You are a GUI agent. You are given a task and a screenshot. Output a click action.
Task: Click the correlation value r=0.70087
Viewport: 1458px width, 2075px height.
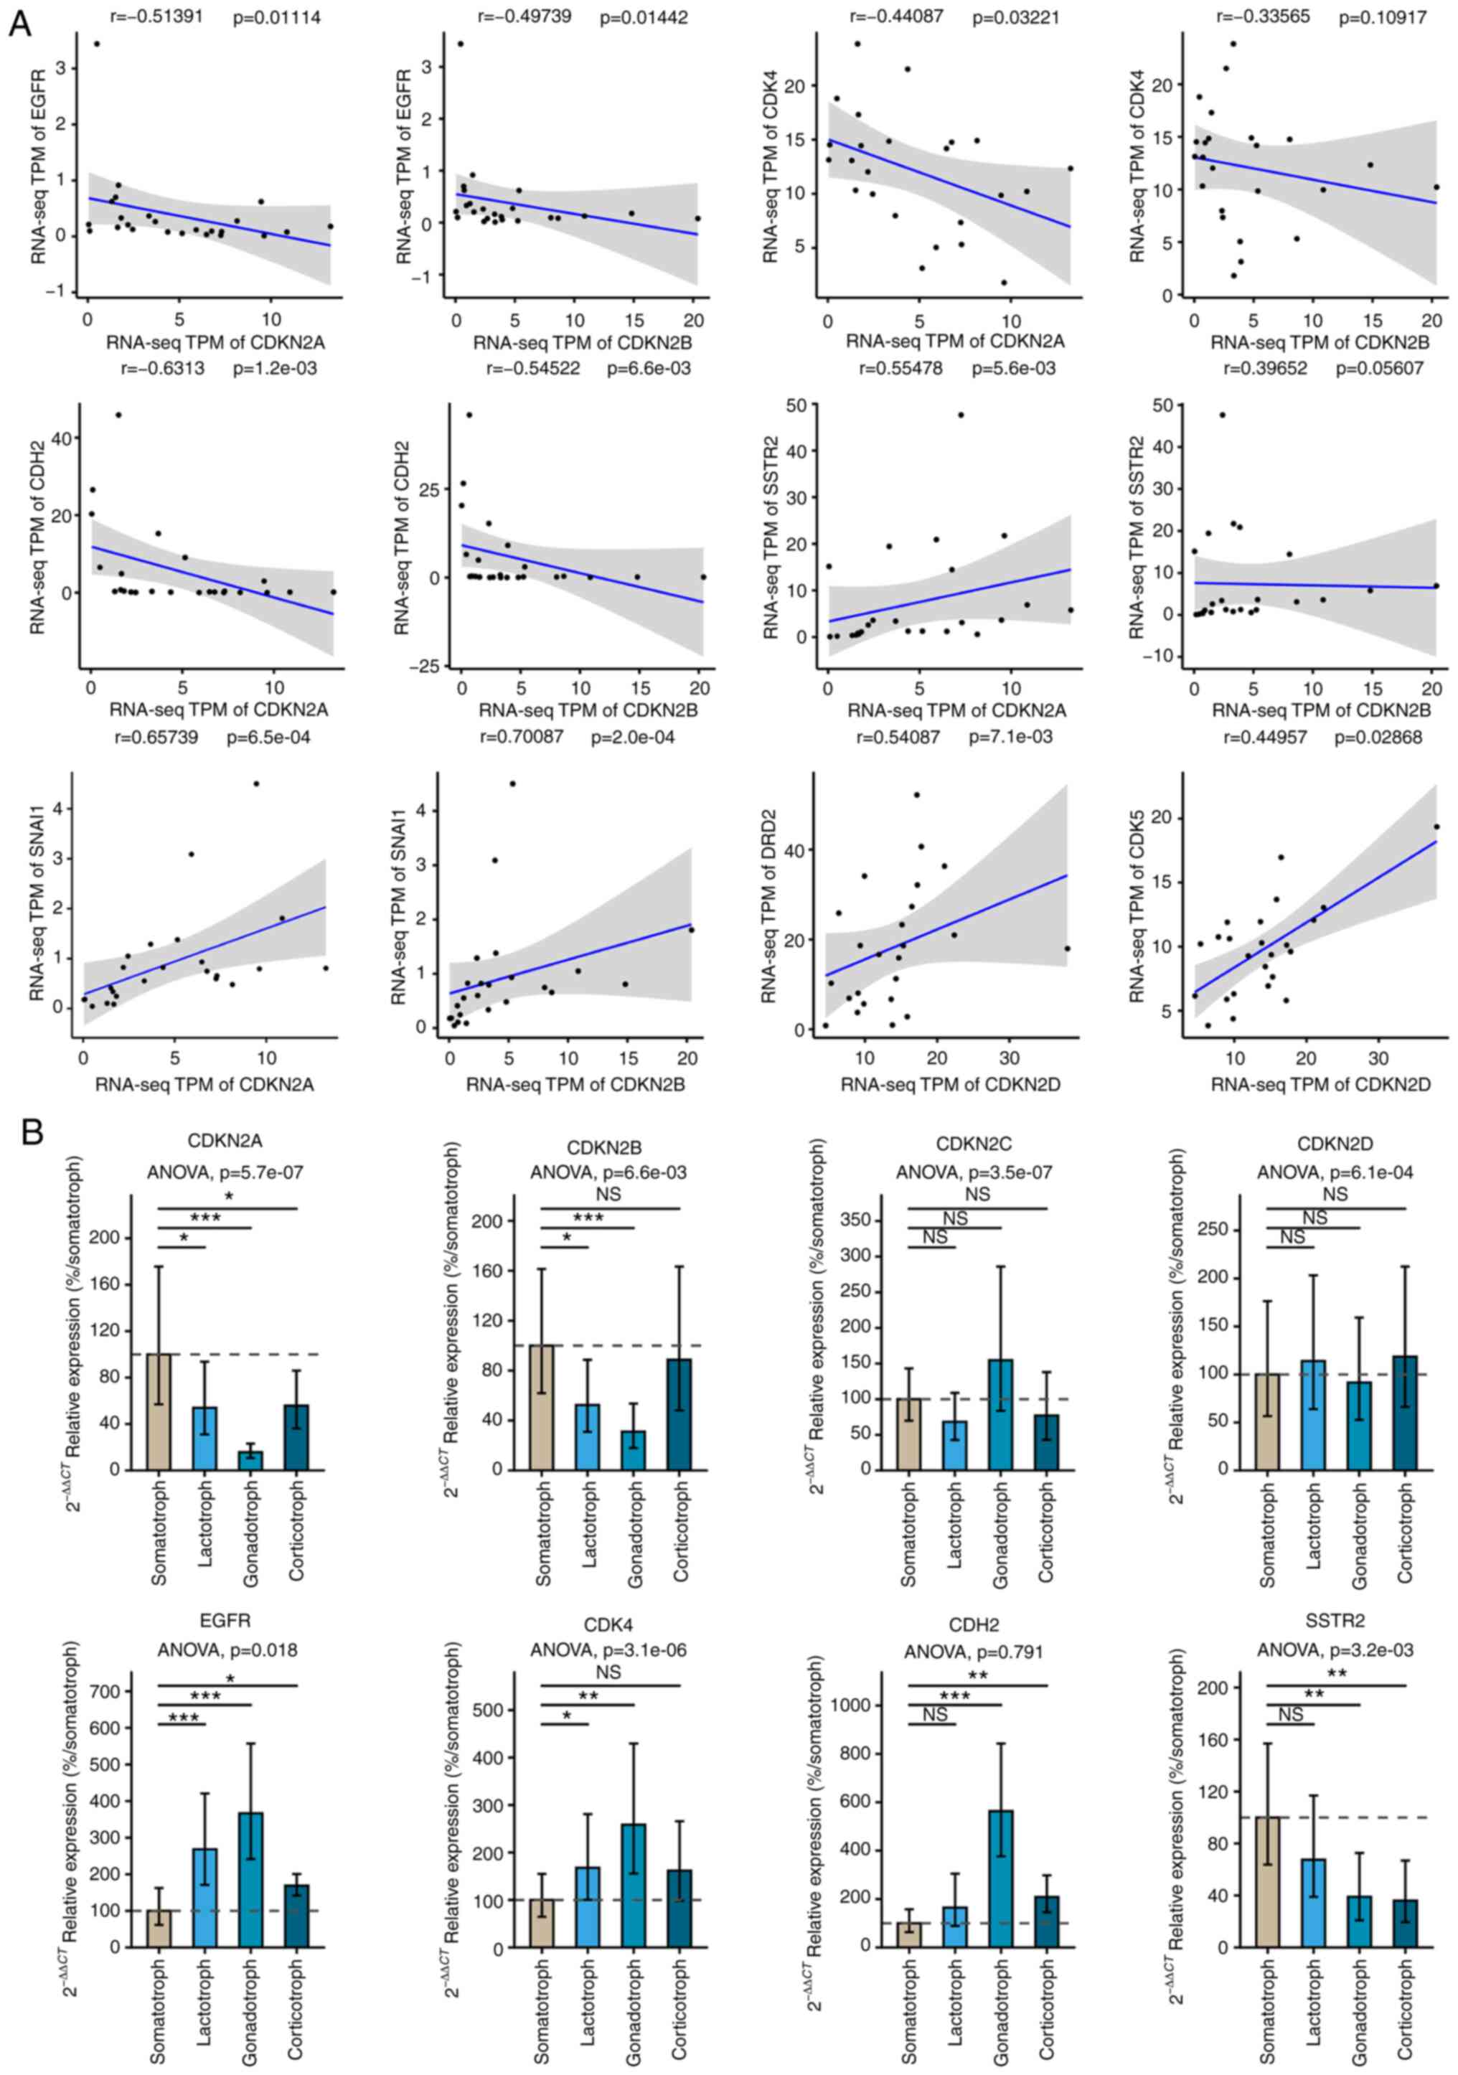pyautogui.click(x=521, y=738)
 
